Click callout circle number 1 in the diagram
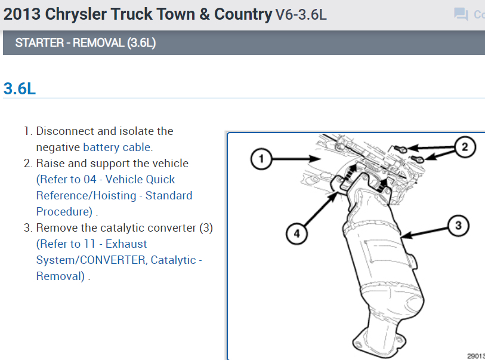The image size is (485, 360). [258, 159]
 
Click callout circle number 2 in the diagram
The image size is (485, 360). [465, 147]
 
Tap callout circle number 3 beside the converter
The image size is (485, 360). [458, 226]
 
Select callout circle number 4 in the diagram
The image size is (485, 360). [295, 234]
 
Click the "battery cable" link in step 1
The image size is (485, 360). [118, 147]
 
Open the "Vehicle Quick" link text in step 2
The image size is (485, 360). [140, 179]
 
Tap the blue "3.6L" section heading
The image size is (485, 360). [20, 88]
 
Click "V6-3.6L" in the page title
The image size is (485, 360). [301, 15]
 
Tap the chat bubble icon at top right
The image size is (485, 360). [461, 14]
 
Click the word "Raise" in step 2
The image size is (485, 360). [50, 163]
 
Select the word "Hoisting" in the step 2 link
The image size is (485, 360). [118, 195]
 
